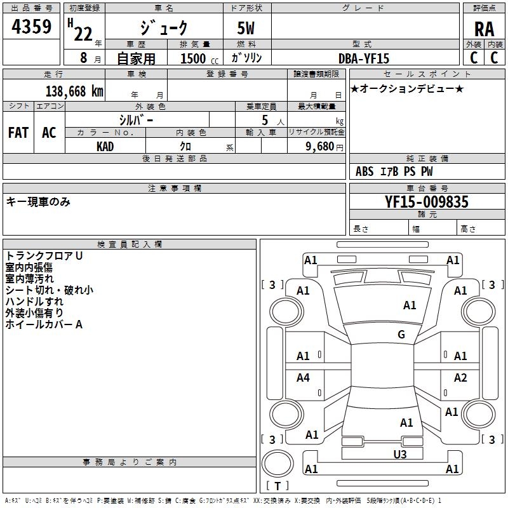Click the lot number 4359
(32, 27)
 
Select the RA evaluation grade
(484, 29)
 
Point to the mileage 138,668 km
(74, 91)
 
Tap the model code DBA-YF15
(364, 58)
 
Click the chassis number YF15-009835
(427, 202)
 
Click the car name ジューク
(164, 29)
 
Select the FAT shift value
(18, 133)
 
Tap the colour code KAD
(105, 146)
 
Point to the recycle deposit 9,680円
(323, 146)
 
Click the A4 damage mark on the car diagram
(303, 378)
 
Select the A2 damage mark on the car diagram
(460, 378)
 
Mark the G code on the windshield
(401, 335)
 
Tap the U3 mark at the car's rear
(399, 454)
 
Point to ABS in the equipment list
(364, 171)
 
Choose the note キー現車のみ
(38, 202)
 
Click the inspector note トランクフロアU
(44, 256)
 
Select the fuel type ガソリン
(247, 58)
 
